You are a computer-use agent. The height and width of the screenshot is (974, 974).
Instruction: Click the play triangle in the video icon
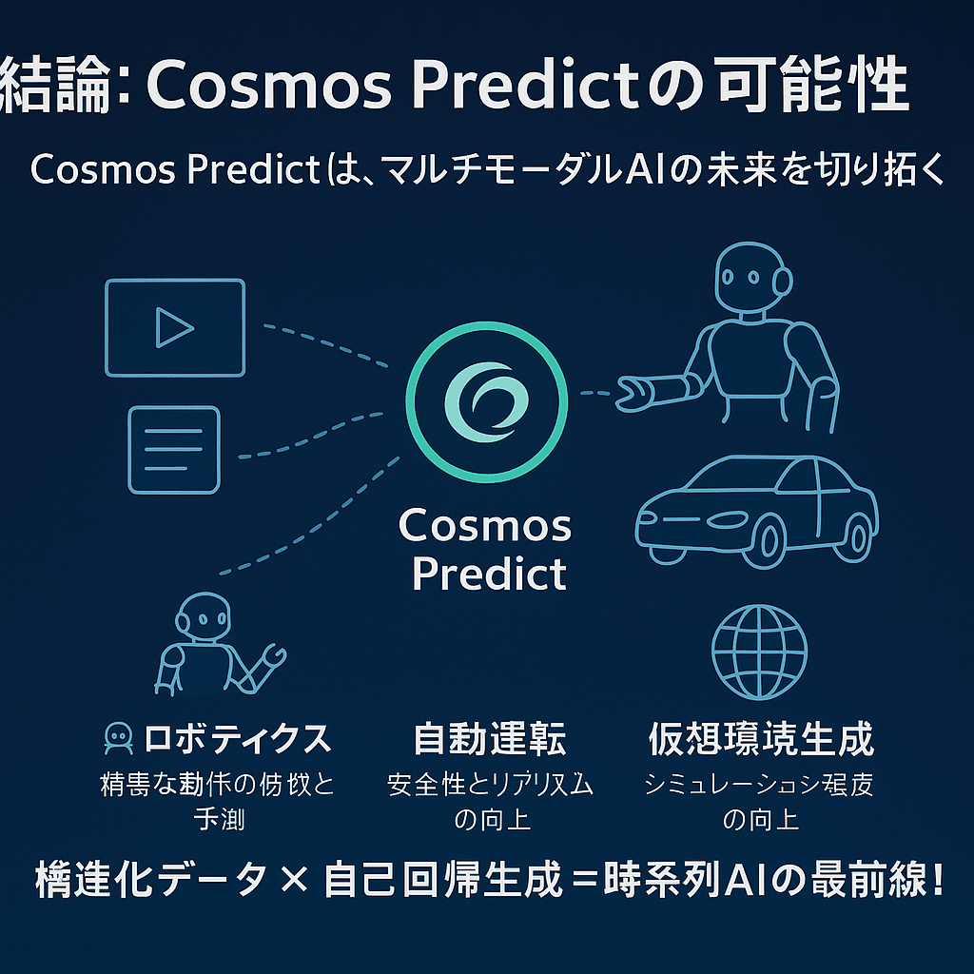(x=174, y=328)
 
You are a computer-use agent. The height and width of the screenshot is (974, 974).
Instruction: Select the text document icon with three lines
(x=173, y=450)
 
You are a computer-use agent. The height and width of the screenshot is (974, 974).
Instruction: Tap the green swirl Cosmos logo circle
(x=487, y=399)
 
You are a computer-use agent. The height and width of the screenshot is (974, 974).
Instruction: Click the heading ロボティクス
(x=237, y=738)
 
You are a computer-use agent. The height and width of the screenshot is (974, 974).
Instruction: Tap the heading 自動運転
(x=490, y=738)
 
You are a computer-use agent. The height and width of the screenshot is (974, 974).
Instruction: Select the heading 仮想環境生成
(x=760, y=738)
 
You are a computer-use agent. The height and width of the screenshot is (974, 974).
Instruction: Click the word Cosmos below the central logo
(x=486, y=525)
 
